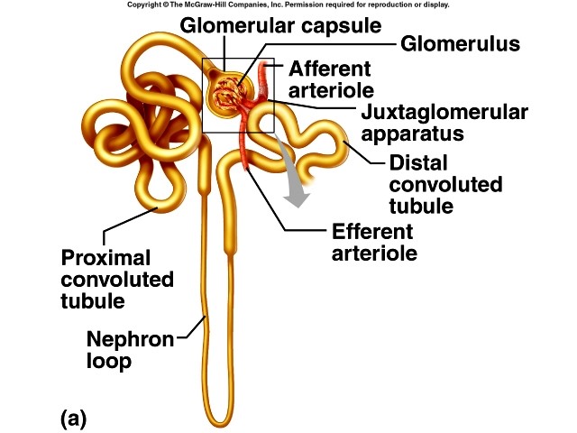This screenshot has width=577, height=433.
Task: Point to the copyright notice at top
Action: [288, 5]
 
